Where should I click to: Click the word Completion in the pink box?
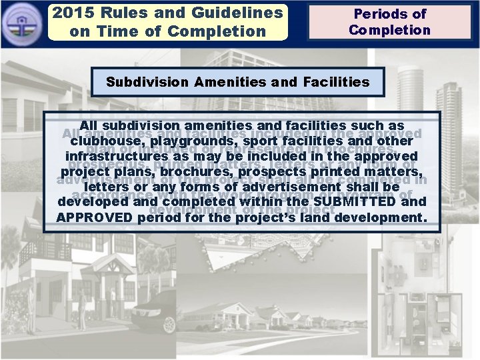click(389, 30)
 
